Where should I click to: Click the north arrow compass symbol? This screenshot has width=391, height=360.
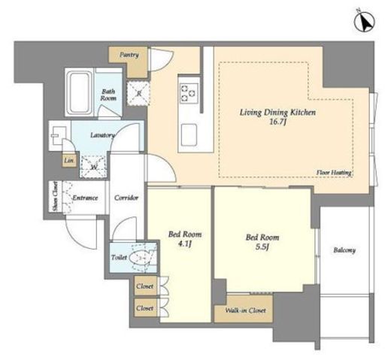[x=365, y=22]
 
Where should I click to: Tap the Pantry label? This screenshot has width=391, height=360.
[x=129, y=55]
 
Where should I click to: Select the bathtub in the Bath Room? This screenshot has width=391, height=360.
[x=80, y=92]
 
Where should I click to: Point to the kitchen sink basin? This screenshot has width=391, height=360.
[x=189, y=135]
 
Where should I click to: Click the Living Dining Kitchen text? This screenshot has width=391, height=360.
[x=277, y=112]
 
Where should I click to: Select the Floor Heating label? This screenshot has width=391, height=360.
[x=334, y=172]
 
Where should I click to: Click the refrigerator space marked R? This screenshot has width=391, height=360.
[x=138, y=94]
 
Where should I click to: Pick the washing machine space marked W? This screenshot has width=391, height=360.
[x=94, y=167]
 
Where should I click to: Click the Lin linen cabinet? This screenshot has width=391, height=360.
[x=69, y=160]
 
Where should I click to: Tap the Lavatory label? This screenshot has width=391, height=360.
[x=102, y=135]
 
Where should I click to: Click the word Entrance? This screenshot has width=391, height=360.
[x=85, y=198]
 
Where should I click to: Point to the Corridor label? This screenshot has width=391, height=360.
[x=126, y=198]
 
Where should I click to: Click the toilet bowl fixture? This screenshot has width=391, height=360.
[x=141, y=257]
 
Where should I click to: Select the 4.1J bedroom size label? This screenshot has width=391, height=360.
[x=185, y=244]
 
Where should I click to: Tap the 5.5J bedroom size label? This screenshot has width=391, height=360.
[x=262, y=247]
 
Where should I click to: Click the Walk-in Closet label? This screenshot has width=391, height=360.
[x=245, y=310]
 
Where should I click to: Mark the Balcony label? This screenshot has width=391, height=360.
[x=344, y=250]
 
